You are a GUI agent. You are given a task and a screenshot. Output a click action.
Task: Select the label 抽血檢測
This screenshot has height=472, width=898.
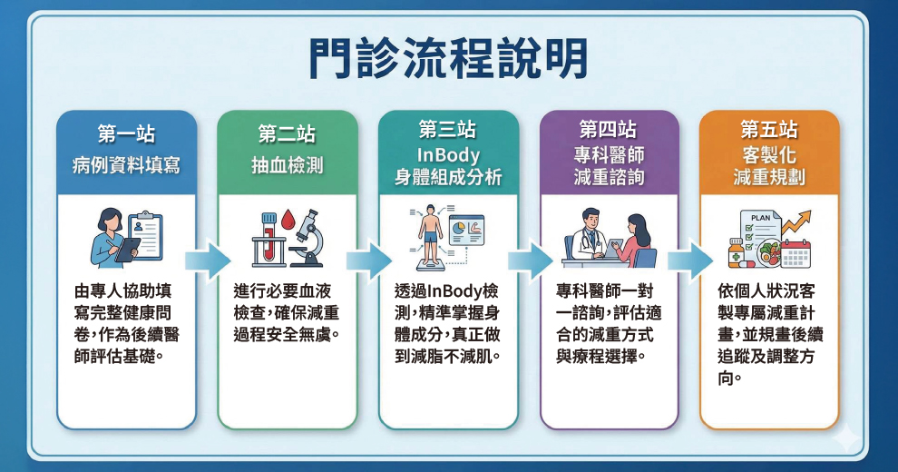[287, 167]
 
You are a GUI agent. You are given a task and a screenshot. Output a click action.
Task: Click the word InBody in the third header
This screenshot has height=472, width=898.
[448, 153]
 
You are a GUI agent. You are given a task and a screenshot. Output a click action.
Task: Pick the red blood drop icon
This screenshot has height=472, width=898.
[288, 222]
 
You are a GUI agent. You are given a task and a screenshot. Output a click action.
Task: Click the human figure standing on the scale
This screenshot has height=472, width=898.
[430, 232]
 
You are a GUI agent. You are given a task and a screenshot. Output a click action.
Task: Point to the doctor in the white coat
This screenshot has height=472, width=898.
[588, 234]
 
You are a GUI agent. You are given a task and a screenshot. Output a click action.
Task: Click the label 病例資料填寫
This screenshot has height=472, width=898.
[126, 167]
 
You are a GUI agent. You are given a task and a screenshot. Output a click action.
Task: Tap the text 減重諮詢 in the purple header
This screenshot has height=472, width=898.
[609, 176]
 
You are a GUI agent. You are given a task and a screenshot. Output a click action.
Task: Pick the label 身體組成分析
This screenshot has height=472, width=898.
[448, 177]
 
